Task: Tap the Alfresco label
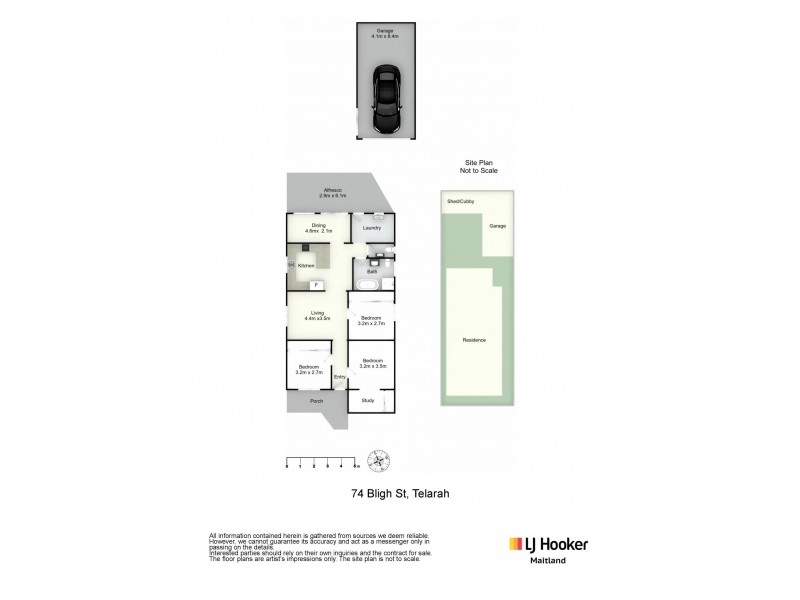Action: point(332,192)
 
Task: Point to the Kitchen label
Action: point(306,265)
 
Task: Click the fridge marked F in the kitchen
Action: point(317,285)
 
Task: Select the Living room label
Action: point(318,316)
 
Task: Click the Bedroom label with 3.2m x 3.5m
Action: point(373,362)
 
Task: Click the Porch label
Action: point(316,401)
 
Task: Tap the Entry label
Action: point(339,377)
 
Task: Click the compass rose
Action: point(379,461)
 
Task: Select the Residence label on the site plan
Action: point(474,340)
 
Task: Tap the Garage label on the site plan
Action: point(497,226)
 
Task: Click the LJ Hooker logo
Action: point(549,545)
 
